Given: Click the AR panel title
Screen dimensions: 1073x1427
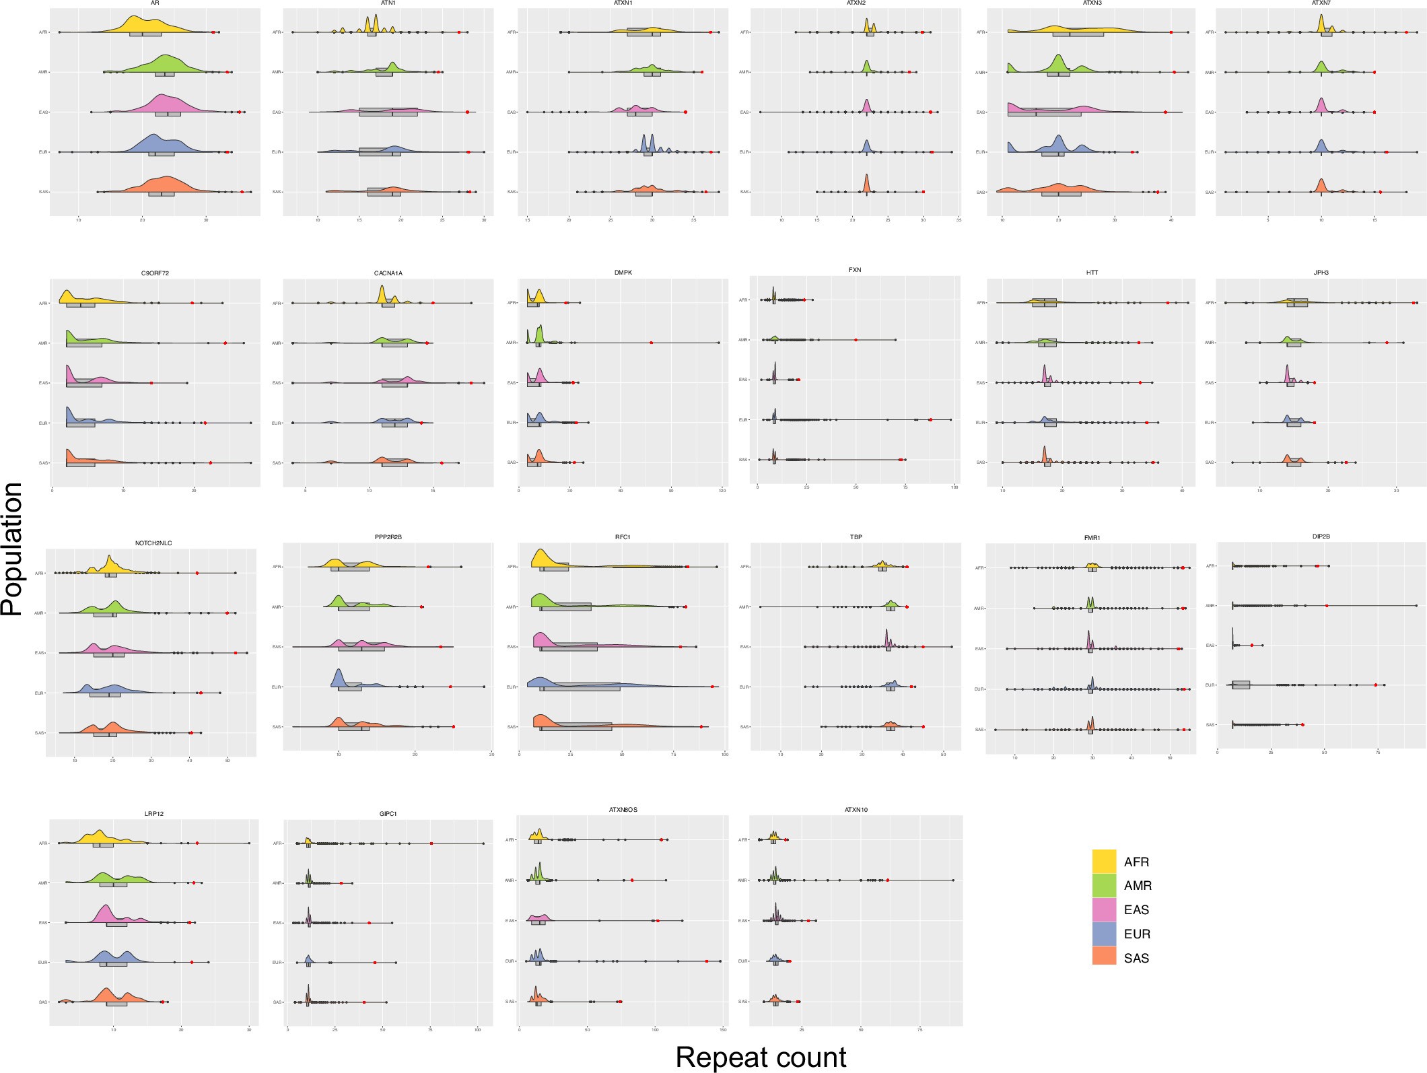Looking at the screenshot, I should (x=155, y=3).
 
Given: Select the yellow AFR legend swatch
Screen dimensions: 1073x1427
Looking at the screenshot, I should (x=1104, y=861).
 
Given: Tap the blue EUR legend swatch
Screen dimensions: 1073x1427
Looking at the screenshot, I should (x=1104, y=934).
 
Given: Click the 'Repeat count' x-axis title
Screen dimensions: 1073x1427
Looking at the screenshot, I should (x=761, y=1057).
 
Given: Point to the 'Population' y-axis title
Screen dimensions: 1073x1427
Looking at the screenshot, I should (x=12, y=549).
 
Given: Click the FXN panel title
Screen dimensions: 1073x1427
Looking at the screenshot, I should (x=855, y=270).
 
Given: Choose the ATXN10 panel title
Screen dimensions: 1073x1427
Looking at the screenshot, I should (x=856, y=810).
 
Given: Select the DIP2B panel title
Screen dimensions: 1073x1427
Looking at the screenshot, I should (x=1321, y=536).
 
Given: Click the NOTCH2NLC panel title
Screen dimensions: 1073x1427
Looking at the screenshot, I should (x=153, y=543).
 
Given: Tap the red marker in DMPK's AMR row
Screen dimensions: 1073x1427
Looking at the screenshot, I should (x=652, y=343).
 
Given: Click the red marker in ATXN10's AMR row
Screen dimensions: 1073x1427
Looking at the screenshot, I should (x=888, y=880).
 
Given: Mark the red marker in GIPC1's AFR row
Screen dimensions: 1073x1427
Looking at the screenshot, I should (x=431, y=843).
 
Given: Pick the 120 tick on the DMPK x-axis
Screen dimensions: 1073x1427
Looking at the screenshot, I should (x=722, y=491).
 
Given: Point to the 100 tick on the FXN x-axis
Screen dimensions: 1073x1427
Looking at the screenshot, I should (x=954, y=487).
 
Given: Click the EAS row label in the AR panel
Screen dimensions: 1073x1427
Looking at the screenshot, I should (x=43, y=112).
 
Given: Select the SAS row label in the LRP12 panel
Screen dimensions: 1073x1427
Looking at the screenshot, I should (x=43, y=1002).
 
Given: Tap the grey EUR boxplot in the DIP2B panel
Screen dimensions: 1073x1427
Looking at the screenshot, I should (x=1241, y=685).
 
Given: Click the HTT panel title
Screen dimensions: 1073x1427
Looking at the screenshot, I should (x=1092, y=273).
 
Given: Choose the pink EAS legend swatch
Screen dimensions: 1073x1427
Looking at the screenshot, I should (x=1104, y=909).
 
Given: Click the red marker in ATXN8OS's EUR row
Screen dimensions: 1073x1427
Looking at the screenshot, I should (x=707, y=961).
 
